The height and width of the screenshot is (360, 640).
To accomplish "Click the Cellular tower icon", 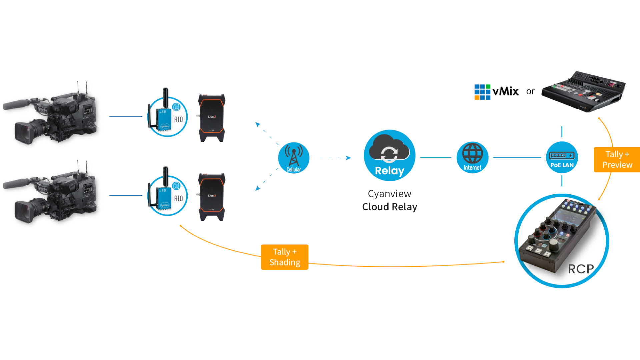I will (294, 157).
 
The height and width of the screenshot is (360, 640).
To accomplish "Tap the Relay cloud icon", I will (389, 155).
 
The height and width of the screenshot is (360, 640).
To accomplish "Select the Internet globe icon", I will (472, 157).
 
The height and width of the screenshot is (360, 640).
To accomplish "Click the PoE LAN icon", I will (562, 157).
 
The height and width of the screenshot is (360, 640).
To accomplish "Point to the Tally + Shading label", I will (285, 257).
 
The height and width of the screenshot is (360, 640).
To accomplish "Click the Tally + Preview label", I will (617, 159).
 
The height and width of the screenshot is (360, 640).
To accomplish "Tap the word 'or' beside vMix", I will (530, 91).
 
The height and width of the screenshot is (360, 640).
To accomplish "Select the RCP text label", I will (581, 269).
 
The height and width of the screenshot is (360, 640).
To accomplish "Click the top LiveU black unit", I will (212, 118).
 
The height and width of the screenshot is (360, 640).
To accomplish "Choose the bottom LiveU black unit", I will (212, 197).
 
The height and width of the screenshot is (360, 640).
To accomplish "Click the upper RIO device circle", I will (167, 117).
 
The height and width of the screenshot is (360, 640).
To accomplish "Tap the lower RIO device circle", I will (167, 196).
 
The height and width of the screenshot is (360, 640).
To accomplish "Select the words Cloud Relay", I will (389, 207).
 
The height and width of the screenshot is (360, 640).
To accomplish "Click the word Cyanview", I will (389, 194).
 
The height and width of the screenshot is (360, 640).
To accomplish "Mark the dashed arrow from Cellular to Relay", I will (335, 158).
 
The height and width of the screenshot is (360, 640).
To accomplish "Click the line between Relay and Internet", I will (436, 157).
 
